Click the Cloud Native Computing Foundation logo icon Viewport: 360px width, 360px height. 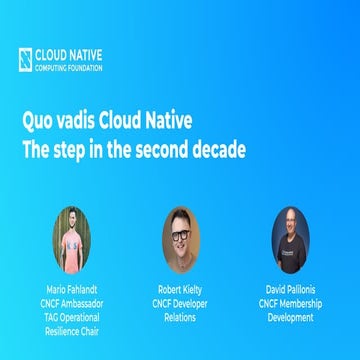click(x=25, y=59)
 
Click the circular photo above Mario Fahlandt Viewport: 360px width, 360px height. click(x=72, y=240)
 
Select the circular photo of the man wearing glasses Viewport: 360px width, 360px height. click(x=181, y=240)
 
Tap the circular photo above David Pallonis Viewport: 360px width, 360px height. click(x=290, y=240)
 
